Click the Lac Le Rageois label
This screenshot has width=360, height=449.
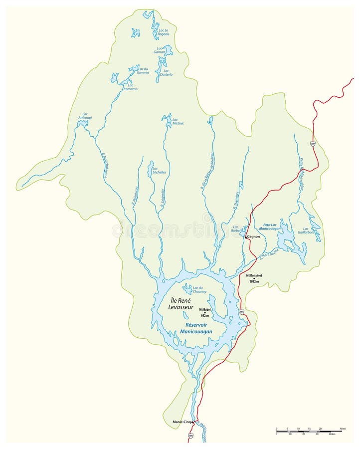point(164,32)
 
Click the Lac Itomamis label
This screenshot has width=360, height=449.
point(131,87)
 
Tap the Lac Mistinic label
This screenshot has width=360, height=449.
point(178,121)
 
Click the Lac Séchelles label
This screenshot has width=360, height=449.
point(159,170)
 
